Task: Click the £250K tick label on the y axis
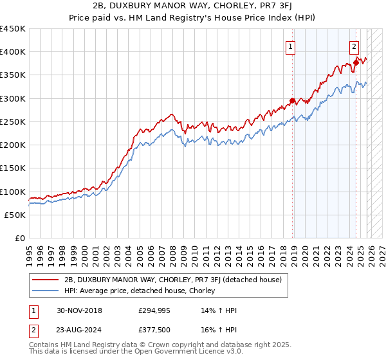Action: coord(13,122)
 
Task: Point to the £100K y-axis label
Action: coord(13,192)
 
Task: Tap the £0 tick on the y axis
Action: coord(20,238)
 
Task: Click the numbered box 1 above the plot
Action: coord(291,46)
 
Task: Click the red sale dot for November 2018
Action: coord(292,100)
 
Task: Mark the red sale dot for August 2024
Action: coord(356,62)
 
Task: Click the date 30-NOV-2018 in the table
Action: coord(79,310)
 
